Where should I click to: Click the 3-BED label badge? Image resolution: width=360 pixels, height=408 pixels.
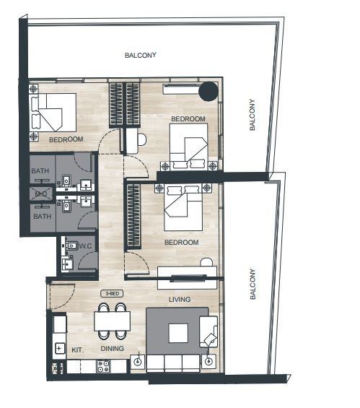pos(112,293)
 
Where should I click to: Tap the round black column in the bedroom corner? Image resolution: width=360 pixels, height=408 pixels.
pos(208,91)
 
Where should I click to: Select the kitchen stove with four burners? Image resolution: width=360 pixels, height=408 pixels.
pos(103,366)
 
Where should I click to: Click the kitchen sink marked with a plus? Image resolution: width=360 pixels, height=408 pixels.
pos(59,348)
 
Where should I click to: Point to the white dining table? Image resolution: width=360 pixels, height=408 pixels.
pos(113,321)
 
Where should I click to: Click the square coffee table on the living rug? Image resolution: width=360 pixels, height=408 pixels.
pos(178,333)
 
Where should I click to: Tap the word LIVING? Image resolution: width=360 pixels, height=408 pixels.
pos(180,300)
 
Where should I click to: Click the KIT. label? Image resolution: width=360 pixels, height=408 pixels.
pos(77,350)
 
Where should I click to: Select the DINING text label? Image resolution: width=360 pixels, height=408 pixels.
pos(112,348)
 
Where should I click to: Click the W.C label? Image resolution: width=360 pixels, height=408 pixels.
pos(86,246)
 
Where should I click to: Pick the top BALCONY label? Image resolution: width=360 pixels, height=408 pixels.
pos(141,55)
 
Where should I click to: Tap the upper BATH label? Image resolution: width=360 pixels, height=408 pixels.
pos(40,171)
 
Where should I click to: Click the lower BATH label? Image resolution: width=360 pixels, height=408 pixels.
pos(42,216)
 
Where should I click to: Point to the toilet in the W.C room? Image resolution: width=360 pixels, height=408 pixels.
pos(71,245)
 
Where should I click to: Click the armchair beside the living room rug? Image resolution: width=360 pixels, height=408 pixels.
pos(208,331)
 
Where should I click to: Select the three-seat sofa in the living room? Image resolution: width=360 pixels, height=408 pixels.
pos(173,363)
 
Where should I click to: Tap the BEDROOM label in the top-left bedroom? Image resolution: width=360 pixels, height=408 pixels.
pos(66,139)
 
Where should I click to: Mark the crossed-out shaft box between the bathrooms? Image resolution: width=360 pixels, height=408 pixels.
pos(41,194)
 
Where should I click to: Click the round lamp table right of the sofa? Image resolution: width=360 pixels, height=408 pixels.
pos(208,361)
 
